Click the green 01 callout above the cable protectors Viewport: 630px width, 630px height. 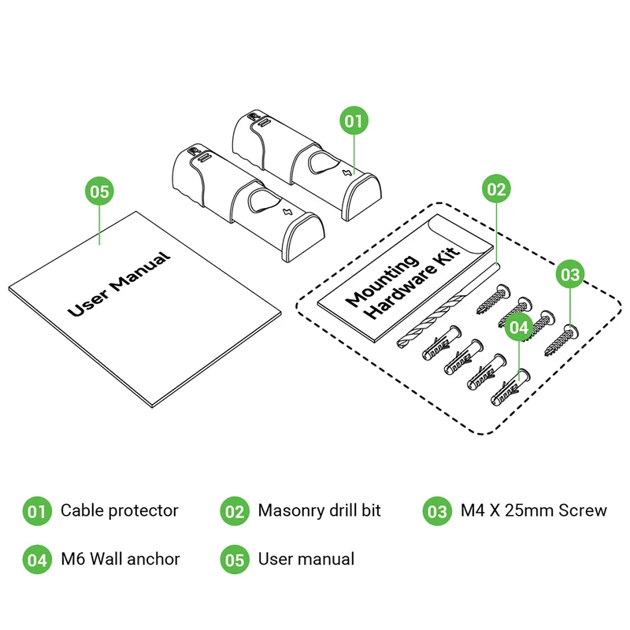pos(354,120)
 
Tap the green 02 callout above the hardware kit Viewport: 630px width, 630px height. pos(496,189)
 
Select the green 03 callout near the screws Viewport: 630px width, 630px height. pos(570,274)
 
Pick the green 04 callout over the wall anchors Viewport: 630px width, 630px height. pos(519,327)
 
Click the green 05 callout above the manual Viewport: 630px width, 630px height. pos(100,191)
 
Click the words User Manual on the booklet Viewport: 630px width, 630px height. pos(119,283)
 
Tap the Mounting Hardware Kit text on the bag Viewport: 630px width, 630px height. pos(402,283)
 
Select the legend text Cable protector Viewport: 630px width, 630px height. pos(120,510)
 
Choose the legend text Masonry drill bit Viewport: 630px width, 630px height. pos(320,510)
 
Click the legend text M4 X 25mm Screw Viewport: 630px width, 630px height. pos(534,510)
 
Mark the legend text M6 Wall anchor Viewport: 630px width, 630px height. pos(120,559)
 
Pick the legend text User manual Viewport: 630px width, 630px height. pos(306,559)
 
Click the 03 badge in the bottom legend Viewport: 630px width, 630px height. pos(437,511)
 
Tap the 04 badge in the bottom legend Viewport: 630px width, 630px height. pos(37,559)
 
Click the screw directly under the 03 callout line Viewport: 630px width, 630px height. pos(562,340)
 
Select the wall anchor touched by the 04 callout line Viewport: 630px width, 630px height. pos(510,387)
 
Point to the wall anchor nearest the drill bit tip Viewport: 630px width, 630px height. pos(441,343)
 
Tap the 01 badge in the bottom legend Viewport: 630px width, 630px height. pos(37,511)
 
